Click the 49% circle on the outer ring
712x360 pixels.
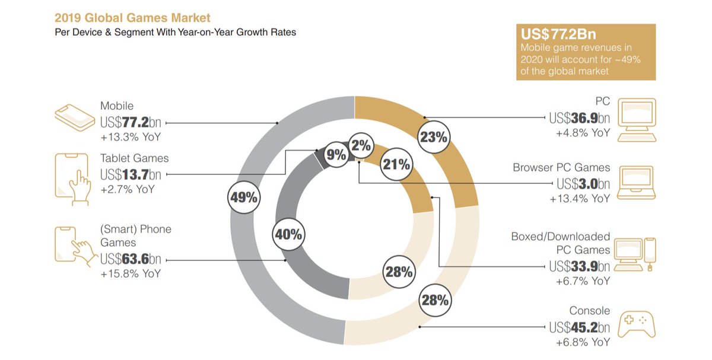pyautogui.click(x=244, y=197)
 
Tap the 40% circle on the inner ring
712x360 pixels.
pyautogui.click(x=288, y=234)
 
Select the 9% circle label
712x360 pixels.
pyautogui.click(x=336, y=155)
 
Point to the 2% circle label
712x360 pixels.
pyautogui.click(x=360, y=145)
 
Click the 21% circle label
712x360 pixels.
pyautogui.click(x=396, y=165)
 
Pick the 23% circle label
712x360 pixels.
pyautogui.click(x=433, y=137)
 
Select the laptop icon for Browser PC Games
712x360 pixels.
pyautogui.click(x=637, y=183)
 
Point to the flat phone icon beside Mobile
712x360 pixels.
pyautogui.click(x=75, y=115)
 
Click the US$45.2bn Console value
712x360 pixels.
pyautogui.click(x=579, y=327)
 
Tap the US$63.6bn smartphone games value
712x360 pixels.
pyautogui.click(x=131, y=259)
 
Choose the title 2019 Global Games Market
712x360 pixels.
pyautogui.click(x=132, y=18)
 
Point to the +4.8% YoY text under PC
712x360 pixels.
pyautogui.click(x=583, y=133)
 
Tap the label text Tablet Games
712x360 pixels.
pyautogui.click(x=134, y=158)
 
